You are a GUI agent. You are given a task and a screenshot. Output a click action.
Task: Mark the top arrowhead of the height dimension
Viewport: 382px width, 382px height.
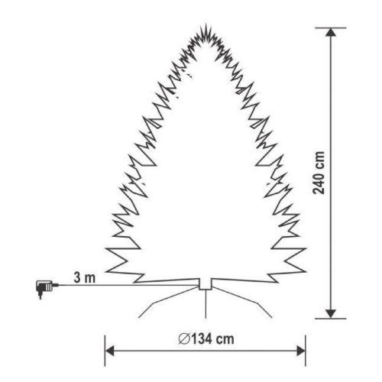(x=331, y=35)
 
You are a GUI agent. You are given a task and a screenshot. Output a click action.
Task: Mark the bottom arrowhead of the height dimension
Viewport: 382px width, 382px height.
(x=331, y=310)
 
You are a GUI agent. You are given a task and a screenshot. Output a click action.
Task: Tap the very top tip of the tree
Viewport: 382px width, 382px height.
(x=206, y=25)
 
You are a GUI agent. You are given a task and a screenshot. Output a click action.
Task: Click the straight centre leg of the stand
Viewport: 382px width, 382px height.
(x=205, y=304)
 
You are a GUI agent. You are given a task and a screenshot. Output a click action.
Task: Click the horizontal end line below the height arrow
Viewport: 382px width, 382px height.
(x=331, y=316)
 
